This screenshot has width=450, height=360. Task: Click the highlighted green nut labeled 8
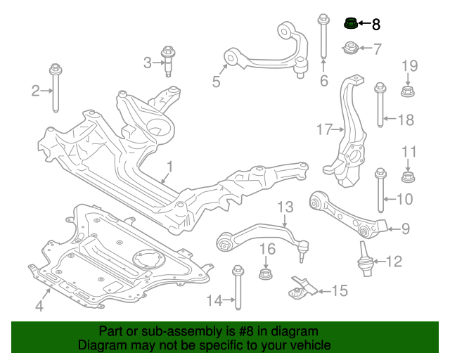(350, 25)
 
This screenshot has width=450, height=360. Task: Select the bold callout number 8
(375, 25)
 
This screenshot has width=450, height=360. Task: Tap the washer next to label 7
(349, 49)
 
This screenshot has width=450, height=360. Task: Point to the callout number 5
(217, 82)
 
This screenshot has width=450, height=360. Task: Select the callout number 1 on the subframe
(169, 167)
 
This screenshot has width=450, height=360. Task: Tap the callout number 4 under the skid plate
(39, 306)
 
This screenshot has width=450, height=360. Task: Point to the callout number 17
(323, 129)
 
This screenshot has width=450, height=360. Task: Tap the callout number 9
(405, 228)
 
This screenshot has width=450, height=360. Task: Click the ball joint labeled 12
(366, 260)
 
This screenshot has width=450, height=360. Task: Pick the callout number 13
(284, 207)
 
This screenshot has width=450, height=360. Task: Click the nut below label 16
(266, 273)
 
